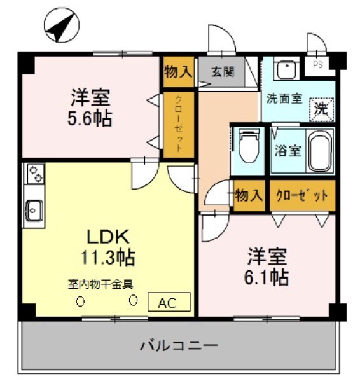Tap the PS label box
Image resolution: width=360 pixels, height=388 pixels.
(x=317, y=64)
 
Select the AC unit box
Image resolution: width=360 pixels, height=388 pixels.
(x=170, y=301)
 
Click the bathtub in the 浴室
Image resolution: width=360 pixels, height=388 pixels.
(x=317, y=152)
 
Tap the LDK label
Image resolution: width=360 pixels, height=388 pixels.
(x=108, y=237)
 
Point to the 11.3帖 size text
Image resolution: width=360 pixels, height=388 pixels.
(x=108, y=258)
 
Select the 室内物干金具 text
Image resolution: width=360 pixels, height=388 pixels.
(x=105, y=284)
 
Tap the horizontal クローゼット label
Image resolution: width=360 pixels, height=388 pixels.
(x=302, y=195)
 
